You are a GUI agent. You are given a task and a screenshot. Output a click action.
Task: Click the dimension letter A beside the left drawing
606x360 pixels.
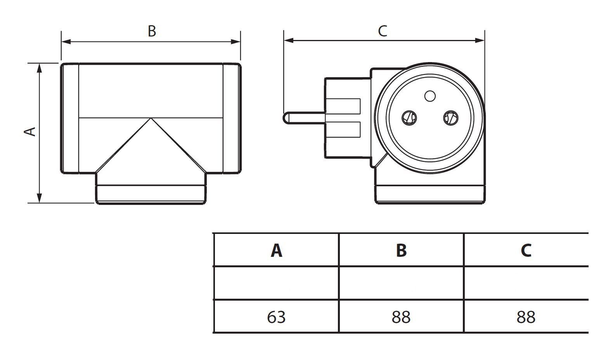30,131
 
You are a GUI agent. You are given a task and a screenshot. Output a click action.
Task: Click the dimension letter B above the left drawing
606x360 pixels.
152,31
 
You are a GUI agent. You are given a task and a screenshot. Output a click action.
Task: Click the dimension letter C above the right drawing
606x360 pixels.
383,31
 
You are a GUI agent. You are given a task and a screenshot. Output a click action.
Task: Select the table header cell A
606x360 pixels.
276,250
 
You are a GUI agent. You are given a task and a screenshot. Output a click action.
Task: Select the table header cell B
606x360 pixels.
401,250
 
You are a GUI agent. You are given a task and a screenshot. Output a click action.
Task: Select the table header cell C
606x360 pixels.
526,250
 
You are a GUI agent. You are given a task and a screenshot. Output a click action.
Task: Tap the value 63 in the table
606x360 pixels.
276,317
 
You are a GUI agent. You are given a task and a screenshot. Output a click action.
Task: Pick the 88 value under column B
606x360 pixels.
401,317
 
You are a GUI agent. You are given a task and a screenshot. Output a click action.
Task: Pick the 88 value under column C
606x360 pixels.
526,317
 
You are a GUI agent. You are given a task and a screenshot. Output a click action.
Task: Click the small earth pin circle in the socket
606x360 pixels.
430,96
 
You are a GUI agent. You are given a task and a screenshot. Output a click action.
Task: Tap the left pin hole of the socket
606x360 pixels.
409,117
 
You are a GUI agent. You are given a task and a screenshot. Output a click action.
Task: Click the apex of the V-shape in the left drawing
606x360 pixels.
151,119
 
